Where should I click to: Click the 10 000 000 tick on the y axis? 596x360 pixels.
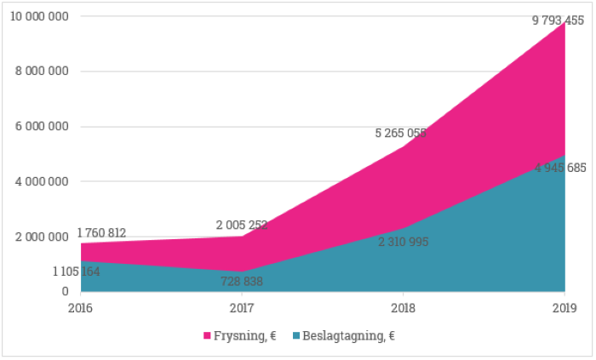pyautogui.click(x=39, y=17)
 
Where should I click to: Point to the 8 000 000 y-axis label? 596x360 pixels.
pyautogui.click(x=42, y=71)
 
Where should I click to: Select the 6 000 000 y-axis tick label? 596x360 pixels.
pyautogui.click(x=42, y=127)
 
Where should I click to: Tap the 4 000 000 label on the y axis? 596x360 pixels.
pyautogui.click(x=42, y=181)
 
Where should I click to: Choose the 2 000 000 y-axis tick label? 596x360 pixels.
pyautogui.click(x=42, y=237)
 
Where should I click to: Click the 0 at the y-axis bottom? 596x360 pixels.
pyautogui.click(x=65, y=292)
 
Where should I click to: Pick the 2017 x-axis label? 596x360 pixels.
pyautogui.click(x=242, y=308)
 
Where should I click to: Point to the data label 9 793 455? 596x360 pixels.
pyautogui.click(x=559, y=21)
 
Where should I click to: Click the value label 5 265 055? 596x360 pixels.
pyautogui.click(x=401, y=133)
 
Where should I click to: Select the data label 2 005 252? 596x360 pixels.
pyautogui.click(x=242, y=225)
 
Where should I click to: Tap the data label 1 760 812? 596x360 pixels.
pyautogui.click(x=102, y=233)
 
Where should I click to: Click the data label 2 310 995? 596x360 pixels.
pyautogui.click(x=404, y=242)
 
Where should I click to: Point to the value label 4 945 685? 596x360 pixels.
pyautogui.click(x=560, y=169)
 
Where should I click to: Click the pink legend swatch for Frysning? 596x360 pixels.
pyautogui.click(x=207, y=336)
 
